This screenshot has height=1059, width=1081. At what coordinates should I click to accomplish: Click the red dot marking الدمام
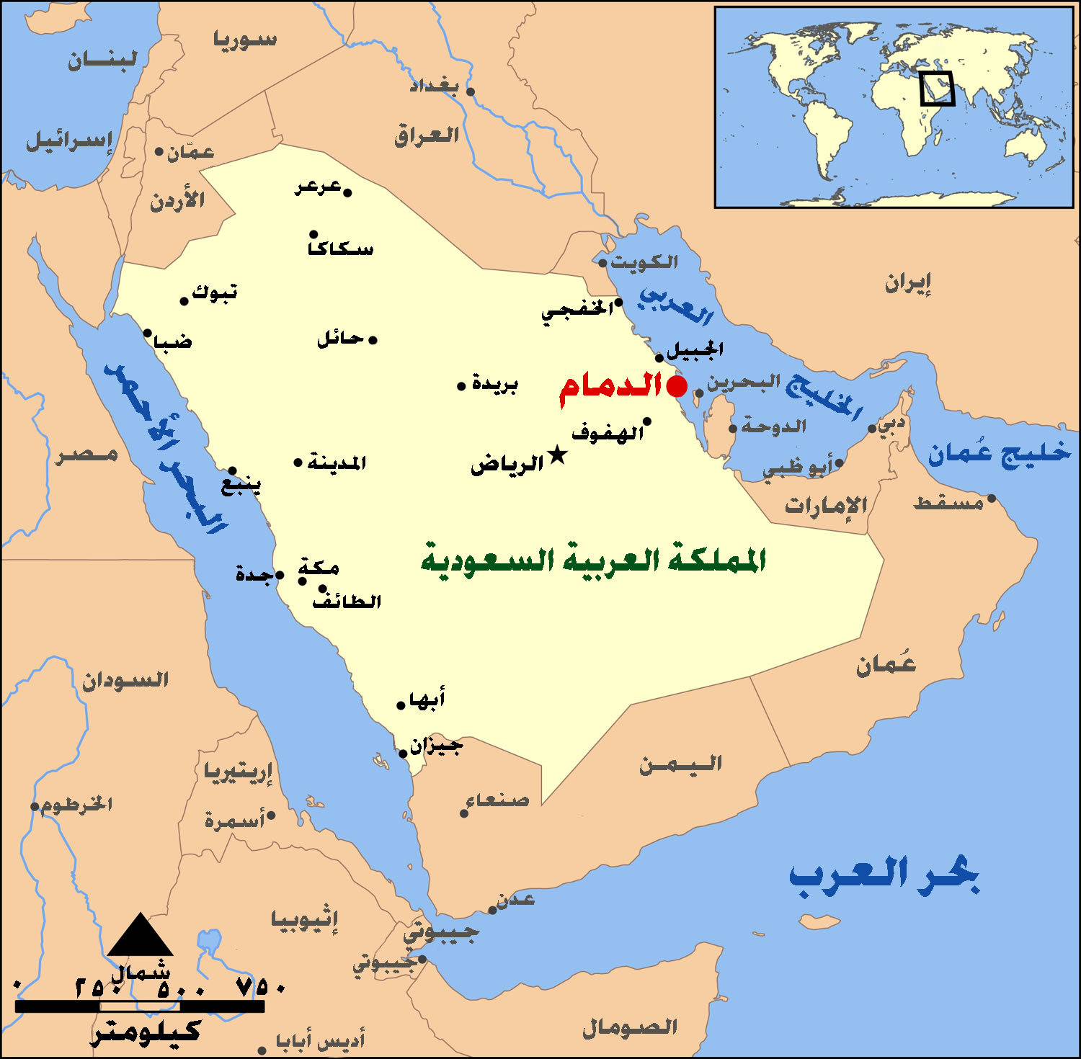coord(677,386)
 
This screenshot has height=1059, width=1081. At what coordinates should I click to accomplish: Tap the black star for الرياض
coord(557,455)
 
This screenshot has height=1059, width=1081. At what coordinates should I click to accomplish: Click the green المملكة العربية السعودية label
coord(593,560)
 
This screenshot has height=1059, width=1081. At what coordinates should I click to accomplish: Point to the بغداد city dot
coord(471,91)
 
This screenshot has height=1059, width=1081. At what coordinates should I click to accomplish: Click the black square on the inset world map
coord(937,89)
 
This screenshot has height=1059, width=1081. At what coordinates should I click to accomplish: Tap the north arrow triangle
coord(140,935)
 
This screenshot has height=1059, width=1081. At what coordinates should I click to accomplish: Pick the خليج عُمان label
coord(999,453)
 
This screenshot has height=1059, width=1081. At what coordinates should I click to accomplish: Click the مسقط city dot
coord(992,499)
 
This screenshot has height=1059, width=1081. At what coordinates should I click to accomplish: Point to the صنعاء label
coord(497,800)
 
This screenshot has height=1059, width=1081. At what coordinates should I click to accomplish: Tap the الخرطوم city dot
coord(35,806)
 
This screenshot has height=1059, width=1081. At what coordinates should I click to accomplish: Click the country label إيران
coord(908,284)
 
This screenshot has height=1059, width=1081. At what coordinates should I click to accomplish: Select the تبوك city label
coord(214,292)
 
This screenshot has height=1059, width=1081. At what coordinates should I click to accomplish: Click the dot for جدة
coord(280,575)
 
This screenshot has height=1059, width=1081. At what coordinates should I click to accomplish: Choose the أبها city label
coord(427,699)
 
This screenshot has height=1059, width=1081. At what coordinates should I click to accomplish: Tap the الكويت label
coord(644,262)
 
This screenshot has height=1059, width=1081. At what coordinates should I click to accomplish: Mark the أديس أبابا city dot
coord(262,1050)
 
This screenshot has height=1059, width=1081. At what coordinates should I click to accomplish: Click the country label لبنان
coord(102,60)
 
